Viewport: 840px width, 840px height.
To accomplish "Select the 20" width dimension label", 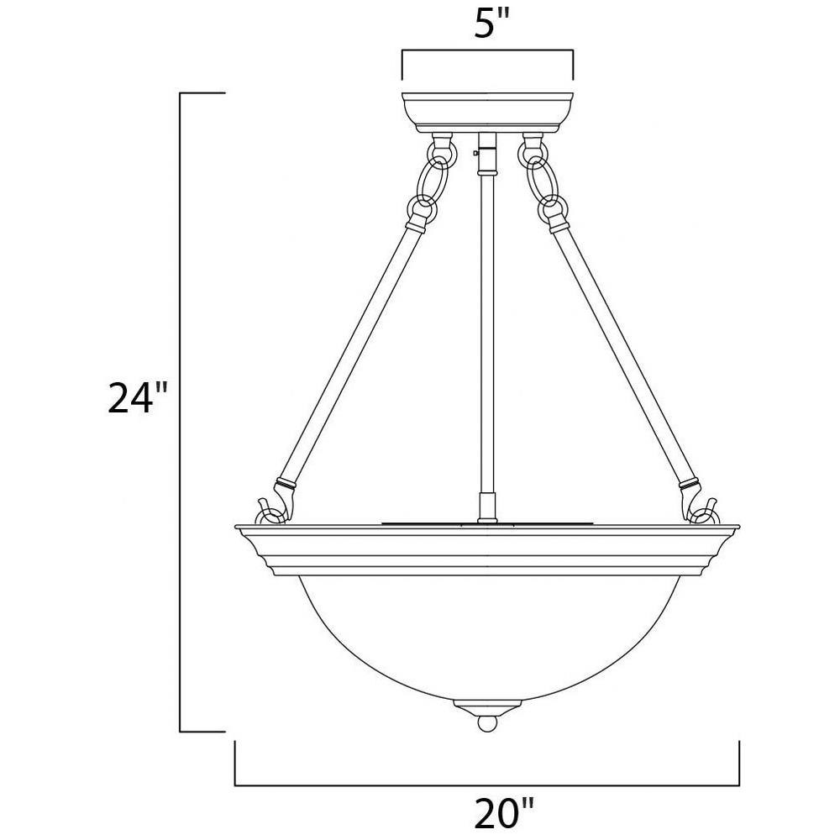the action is point(503,811).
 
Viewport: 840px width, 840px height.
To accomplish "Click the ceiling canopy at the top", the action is point(487,113).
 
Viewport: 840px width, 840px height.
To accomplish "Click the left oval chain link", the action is point(435,181).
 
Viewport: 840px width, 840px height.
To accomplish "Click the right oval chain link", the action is point(539,181).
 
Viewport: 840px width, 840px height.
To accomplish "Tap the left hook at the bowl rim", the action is point(270,511).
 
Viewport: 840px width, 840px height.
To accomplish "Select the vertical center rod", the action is point(487,332).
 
